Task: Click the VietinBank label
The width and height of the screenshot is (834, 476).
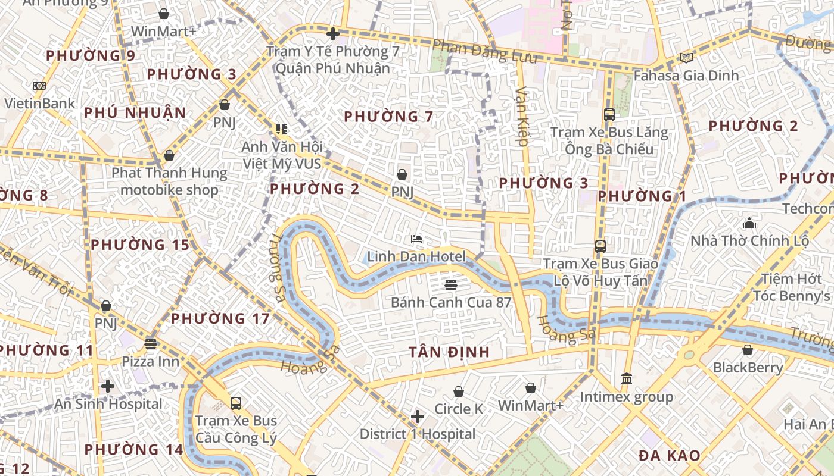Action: (x=40, y=103)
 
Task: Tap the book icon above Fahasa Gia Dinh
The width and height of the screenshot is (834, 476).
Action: (x=686, y=58)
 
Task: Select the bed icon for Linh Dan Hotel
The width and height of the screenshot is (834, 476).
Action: (x=416, y=239)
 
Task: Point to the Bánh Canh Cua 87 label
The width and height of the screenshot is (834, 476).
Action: (x=451, y=302)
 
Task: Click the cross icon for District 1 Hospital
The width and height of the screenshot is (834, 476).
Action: (x=418, y=416)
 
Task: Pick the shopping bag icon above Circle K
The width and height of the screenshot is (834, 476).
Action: (x=459, y=392)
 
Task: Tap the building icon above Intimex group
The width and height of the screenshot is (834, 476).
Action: (x=627, y=378)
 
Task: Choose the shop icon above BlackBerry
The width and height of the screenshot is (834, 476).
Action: (x=748, y=349)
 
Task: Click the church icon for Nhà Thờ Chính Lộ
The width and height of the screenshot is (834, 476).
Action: (x=749, y=223)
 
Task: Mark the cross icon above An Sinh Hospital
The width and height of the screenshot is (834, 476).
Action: (x=108, y=386)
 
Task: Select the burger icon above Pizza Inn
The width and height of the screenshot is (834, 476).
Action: (x=151, y=343)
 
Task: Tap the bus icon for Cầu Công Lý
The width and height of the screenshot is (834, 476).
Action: (x=236, y=403)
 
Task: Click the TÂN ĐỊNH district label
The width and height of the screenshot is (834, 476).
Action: (x=449, y=352)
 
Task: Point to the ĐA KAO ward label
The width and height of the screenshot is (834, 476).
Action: (x=670, y=456)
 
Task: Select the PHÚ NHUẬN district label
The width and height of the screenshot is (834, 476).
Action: (x=135, y=112)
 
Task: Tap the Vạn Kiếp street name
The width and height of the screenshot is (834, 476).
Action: (x=522, y=117)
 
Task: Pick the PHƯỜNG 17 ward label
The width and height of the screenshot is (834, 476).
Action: (x=220, y=318)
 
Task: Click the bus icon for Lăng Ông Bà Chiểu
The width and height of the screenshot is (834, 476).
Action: (x=609, y=114)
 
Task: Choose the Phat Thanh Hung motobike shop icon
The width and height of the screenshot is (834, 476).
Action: (x=169, y=155)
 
